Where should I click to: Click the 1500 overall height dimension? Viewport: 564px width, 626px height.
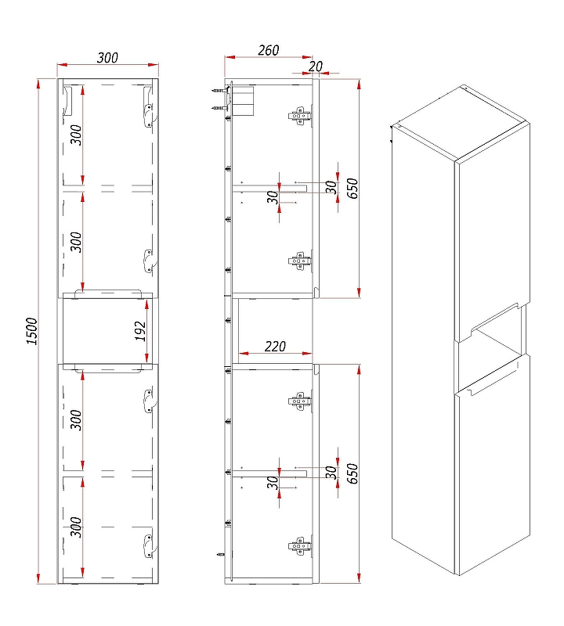32,331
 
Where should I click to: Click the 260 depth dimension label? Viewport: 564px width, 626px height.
268,50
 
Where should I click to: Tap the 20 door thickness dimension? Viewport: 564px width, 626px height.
316,67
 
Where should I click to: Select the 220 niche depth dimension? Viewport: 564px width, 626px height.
275,346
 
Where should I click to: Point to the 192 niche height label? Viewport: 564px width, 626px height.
140,331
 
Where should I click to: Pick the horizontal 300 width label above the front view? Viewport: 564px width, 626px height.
107,58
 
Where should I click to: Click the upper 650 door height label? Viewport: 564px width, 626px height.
352,189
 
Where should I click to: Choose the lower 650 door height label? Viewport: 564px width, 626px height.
352,473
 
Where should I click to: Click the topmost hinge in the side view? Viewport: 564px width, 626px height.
299,116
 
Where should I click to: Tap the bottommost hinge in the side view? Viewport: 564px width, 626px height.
299,545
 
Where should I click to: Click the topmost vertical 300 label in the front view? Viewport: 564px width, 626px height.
76,135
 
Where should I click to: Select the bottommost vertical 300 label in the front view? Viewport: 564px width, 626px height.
76,527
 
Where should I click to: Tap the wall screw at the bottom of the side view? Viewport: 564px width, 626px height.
221,555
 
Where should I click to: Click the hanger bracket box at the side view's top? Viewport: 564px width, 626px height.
243,102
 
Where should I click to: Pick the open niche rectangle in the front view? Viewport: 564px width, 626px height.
108,331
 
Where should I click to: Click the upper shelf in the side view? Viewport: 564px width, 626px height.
269,188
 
